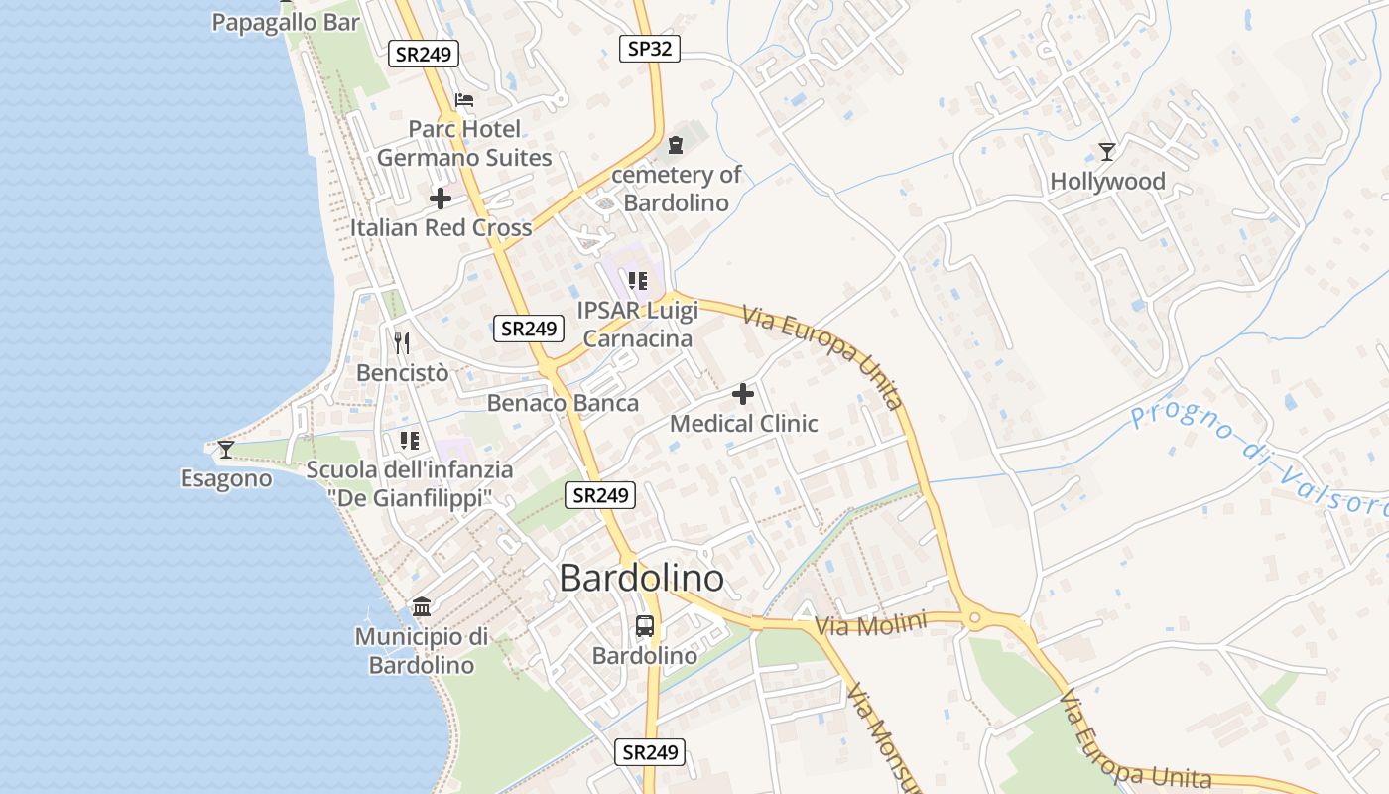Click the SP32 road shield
pos(650,48)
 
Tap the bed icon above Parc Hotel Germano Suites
pos(463,100)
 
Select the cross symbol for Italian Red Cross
pos(441,198)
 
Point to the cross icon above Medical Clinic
pos(742,394)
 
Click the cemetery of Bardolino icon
pos(676,145)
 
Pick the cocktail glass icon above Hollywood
pos(1107,152)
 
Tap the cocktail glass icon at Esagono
pos(226,450)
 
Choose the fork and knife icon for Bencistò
pos(402,343)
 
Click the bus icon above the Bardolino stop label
pos(645,626)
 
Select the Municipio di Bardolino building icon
pos(422,606)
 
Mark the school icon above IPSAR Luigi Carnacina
pos(638,281)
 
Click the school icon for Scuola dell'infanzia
pos(409,440)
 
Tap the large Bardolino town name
pos(641,578)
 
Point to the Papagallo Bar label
pos(286,22)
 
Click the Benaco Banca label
pos(563,403)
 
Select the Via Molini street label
pos(870,624)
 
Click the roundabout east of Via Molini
pos(975,619)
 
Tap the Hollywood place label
pos(1107,182)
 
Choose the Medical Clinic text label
pos(744,424)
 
